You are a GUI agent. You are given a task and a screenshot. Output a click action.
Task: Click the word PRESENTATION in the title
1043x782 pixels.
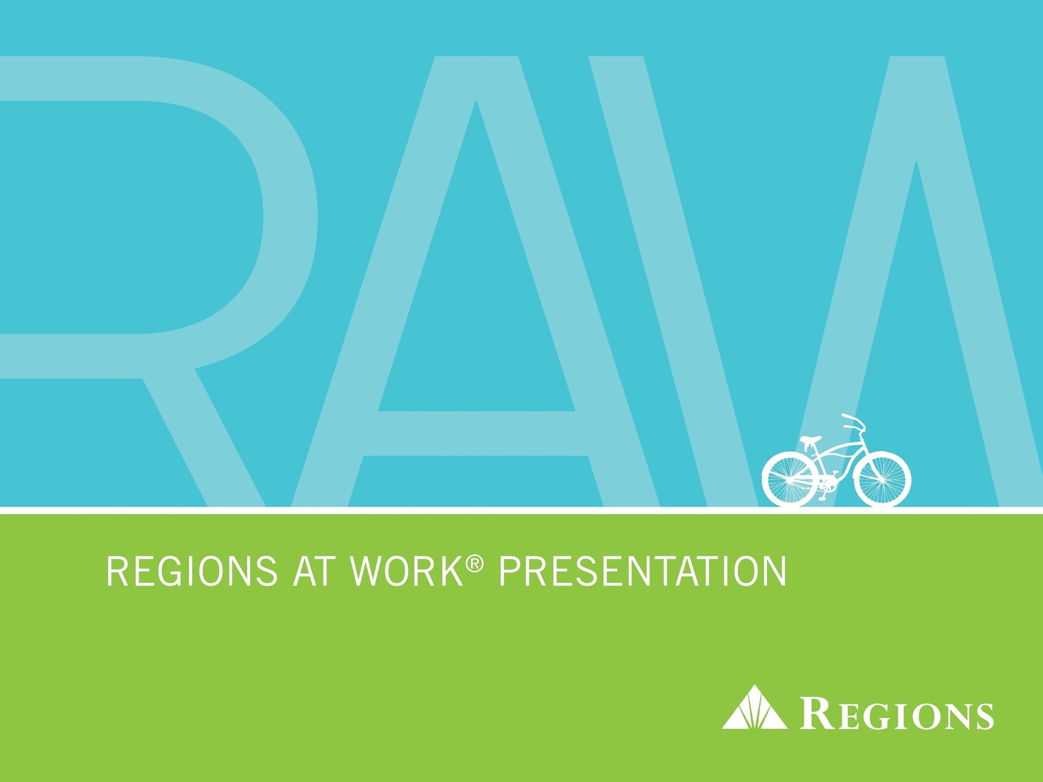coord(643,572)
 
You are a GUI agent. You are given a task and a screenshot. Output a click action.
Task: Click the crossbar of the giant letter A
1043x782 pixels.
coord(476,434)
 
